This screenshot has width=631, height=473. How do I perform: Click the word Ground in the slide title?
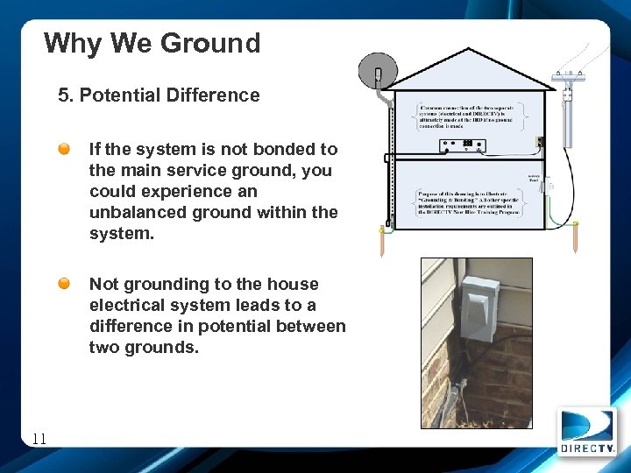point(209,43)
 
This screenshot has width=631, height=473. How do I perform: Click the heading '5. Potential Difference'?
point(159,95)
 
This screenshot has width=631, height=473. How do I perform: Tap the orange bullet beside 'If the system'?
point(66,150)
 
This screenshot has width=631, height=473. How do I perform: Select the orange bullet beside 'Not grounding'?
point(66,284)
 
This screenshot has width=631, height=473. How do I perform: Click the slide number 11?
point(38,440)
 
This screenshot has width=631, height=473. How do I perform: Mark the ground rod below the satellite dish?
point(381,241)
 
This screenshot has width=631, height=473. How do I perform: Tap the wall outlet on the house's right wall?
point(540,141)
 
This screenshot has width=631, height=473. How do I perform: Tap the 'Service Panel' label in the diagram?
point(535,177)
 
